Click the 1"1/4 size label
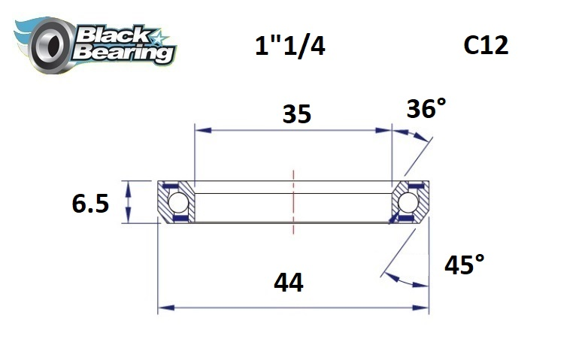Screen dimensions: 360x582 pyautogui.click(x=290, y=47)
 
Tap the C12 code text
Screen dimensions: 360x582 pyautogui.click(x=486, y=46)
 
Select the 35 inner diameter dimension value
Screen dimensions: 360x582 pyautogui.click(x=296, y=114)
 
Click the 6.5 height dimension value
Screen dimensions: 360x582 pyautogui.click(x=91, y=203)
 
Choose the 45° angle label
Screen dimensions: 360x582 pyautogui.click(x=464, y=265)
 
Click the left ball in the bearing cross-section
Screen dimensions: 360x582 pyautogui.click(x=177, y=202)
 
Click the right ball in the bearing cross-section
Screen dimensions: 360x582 pyautogui.click(x=408, y=202)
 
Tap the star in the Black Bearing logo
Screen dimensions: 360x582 pyautogui.click(x=161, y=36)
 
